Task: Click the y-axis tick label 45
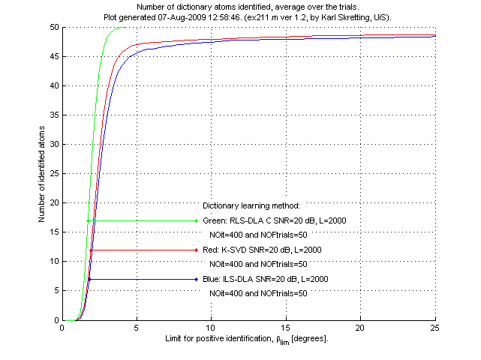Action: pos(53,56)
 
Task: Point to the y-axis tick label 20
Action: pos(53,203)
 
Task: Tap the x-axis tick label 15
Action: pos(286,328)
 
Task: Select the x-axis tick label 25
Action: pos(435,328)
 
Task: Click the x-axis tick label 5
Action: pos(137,328)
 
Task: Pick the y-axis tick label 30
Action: pos(53,145)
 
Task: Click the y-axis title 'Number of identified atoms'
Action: pos(42,174)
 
